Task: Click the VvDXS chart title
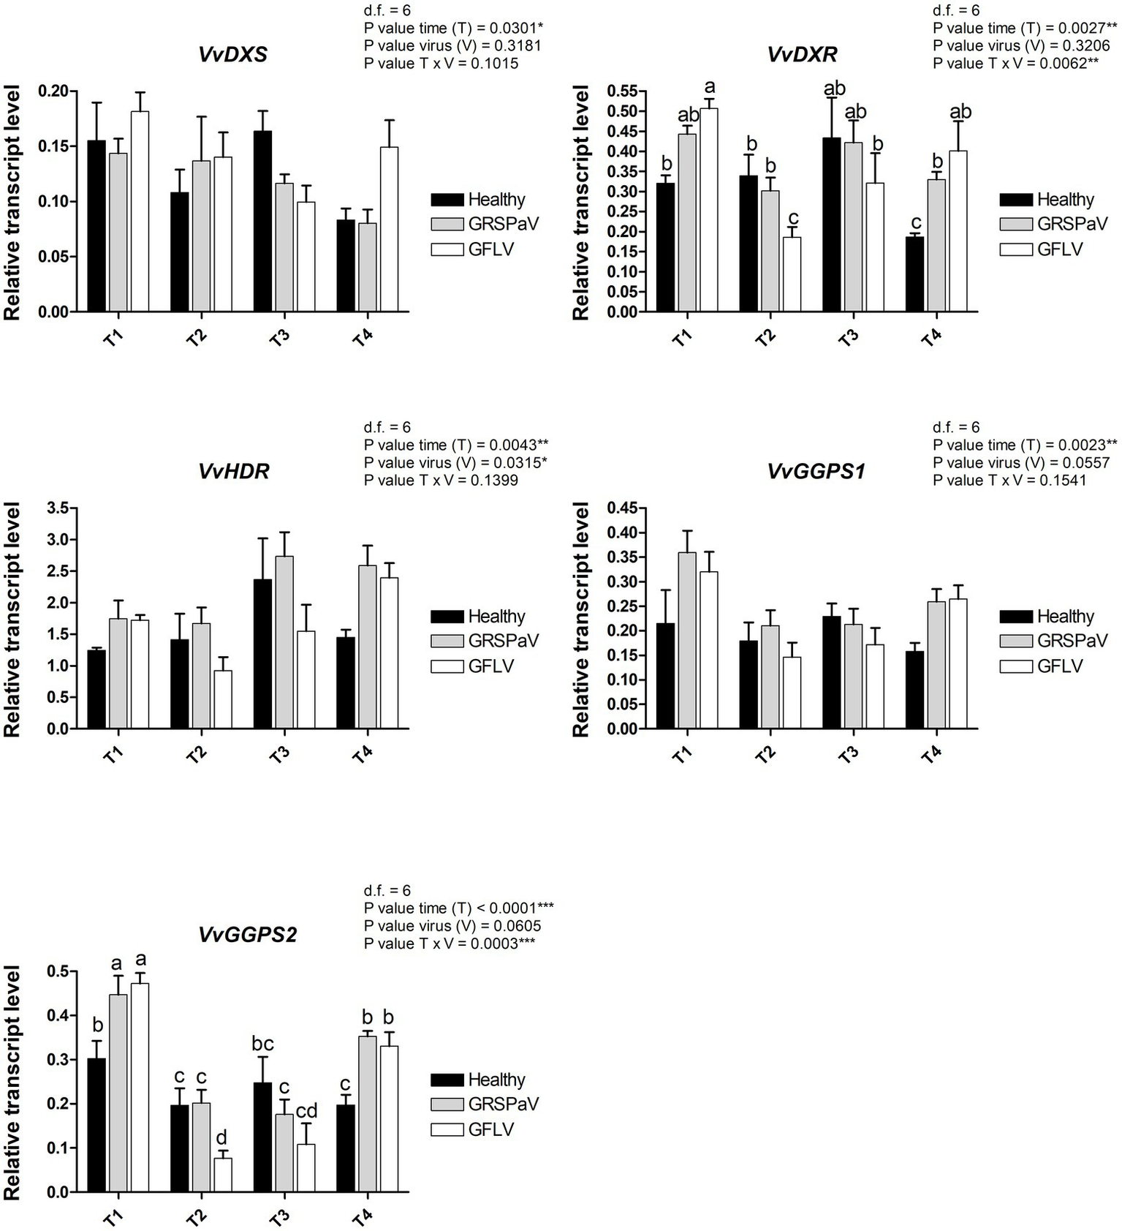click(x=232, y=55)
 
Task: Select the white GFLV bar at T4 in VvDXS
click(x=389, y=230)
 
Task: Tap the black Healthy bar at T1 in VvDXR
click(x=665, y=247)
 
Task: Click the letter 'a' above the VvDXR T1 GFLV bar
click(x=709, y=88)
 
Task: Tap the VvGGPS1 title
click(x=816, y=472)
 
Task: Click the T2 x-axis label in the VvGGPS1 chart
click(x=765, y=754)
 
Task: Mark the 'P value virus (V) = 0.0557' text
click(x=1020, y=462)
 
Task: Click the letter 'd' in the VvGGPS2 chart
click(x=222, y=1137)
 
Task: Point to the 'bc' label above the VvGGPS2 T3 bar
click(x=262, y=1044)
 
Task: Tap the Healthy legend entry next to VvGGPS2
click(x=479, y=1080)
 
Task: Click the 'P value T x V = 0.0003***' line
click(x=449, y=944)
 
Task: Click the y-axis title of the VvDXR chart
click(x=581, y=203)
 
